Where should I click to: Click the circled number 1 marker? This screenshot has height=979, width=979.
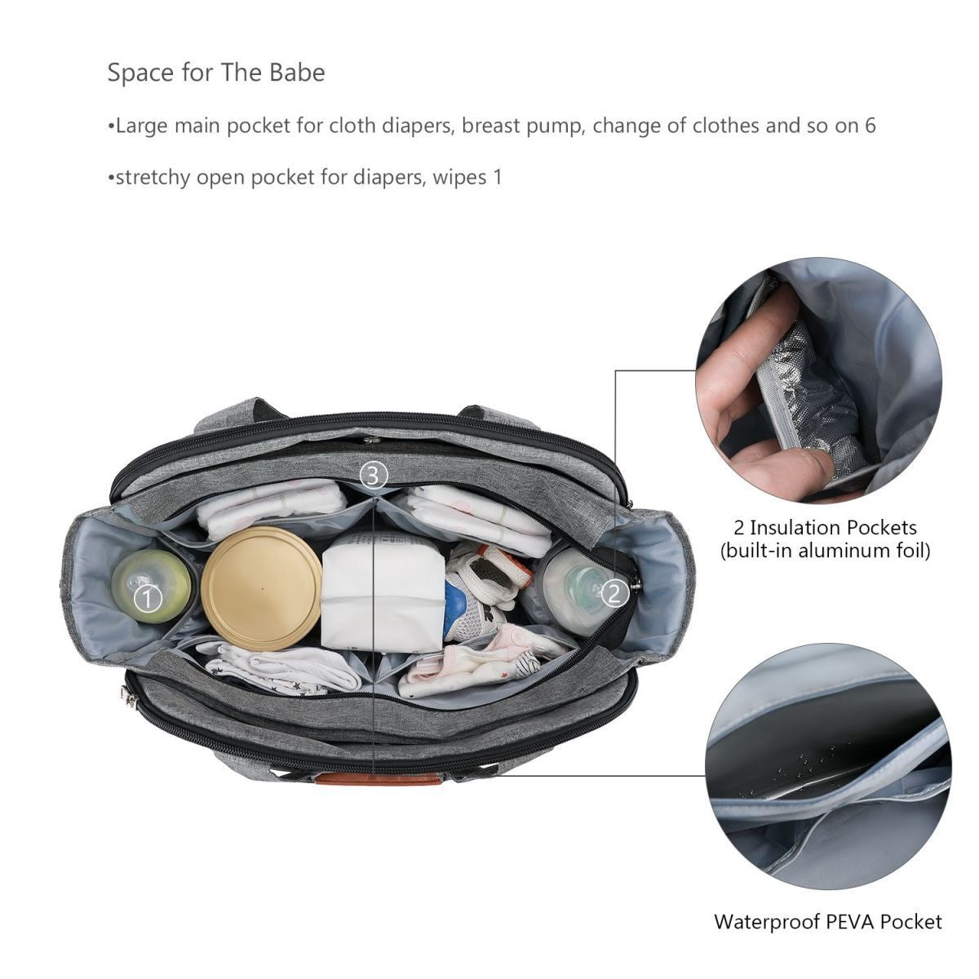pos(148,600)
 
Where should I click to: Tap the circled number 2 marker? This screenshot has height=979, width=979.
pos(615,593)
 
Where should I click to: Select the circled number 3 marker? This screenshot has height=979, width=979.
pos(374,476)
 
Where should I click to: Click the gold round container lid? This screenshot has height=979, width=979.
pos(261,588)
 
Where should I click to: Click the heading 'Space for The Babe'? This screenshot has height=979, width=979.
pos(216,72)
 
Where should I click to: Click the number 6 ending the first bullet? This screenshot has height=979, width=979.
pos(870,126)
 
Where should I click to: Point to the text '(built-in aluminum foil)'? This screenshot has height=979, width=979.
pos(825,551)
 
